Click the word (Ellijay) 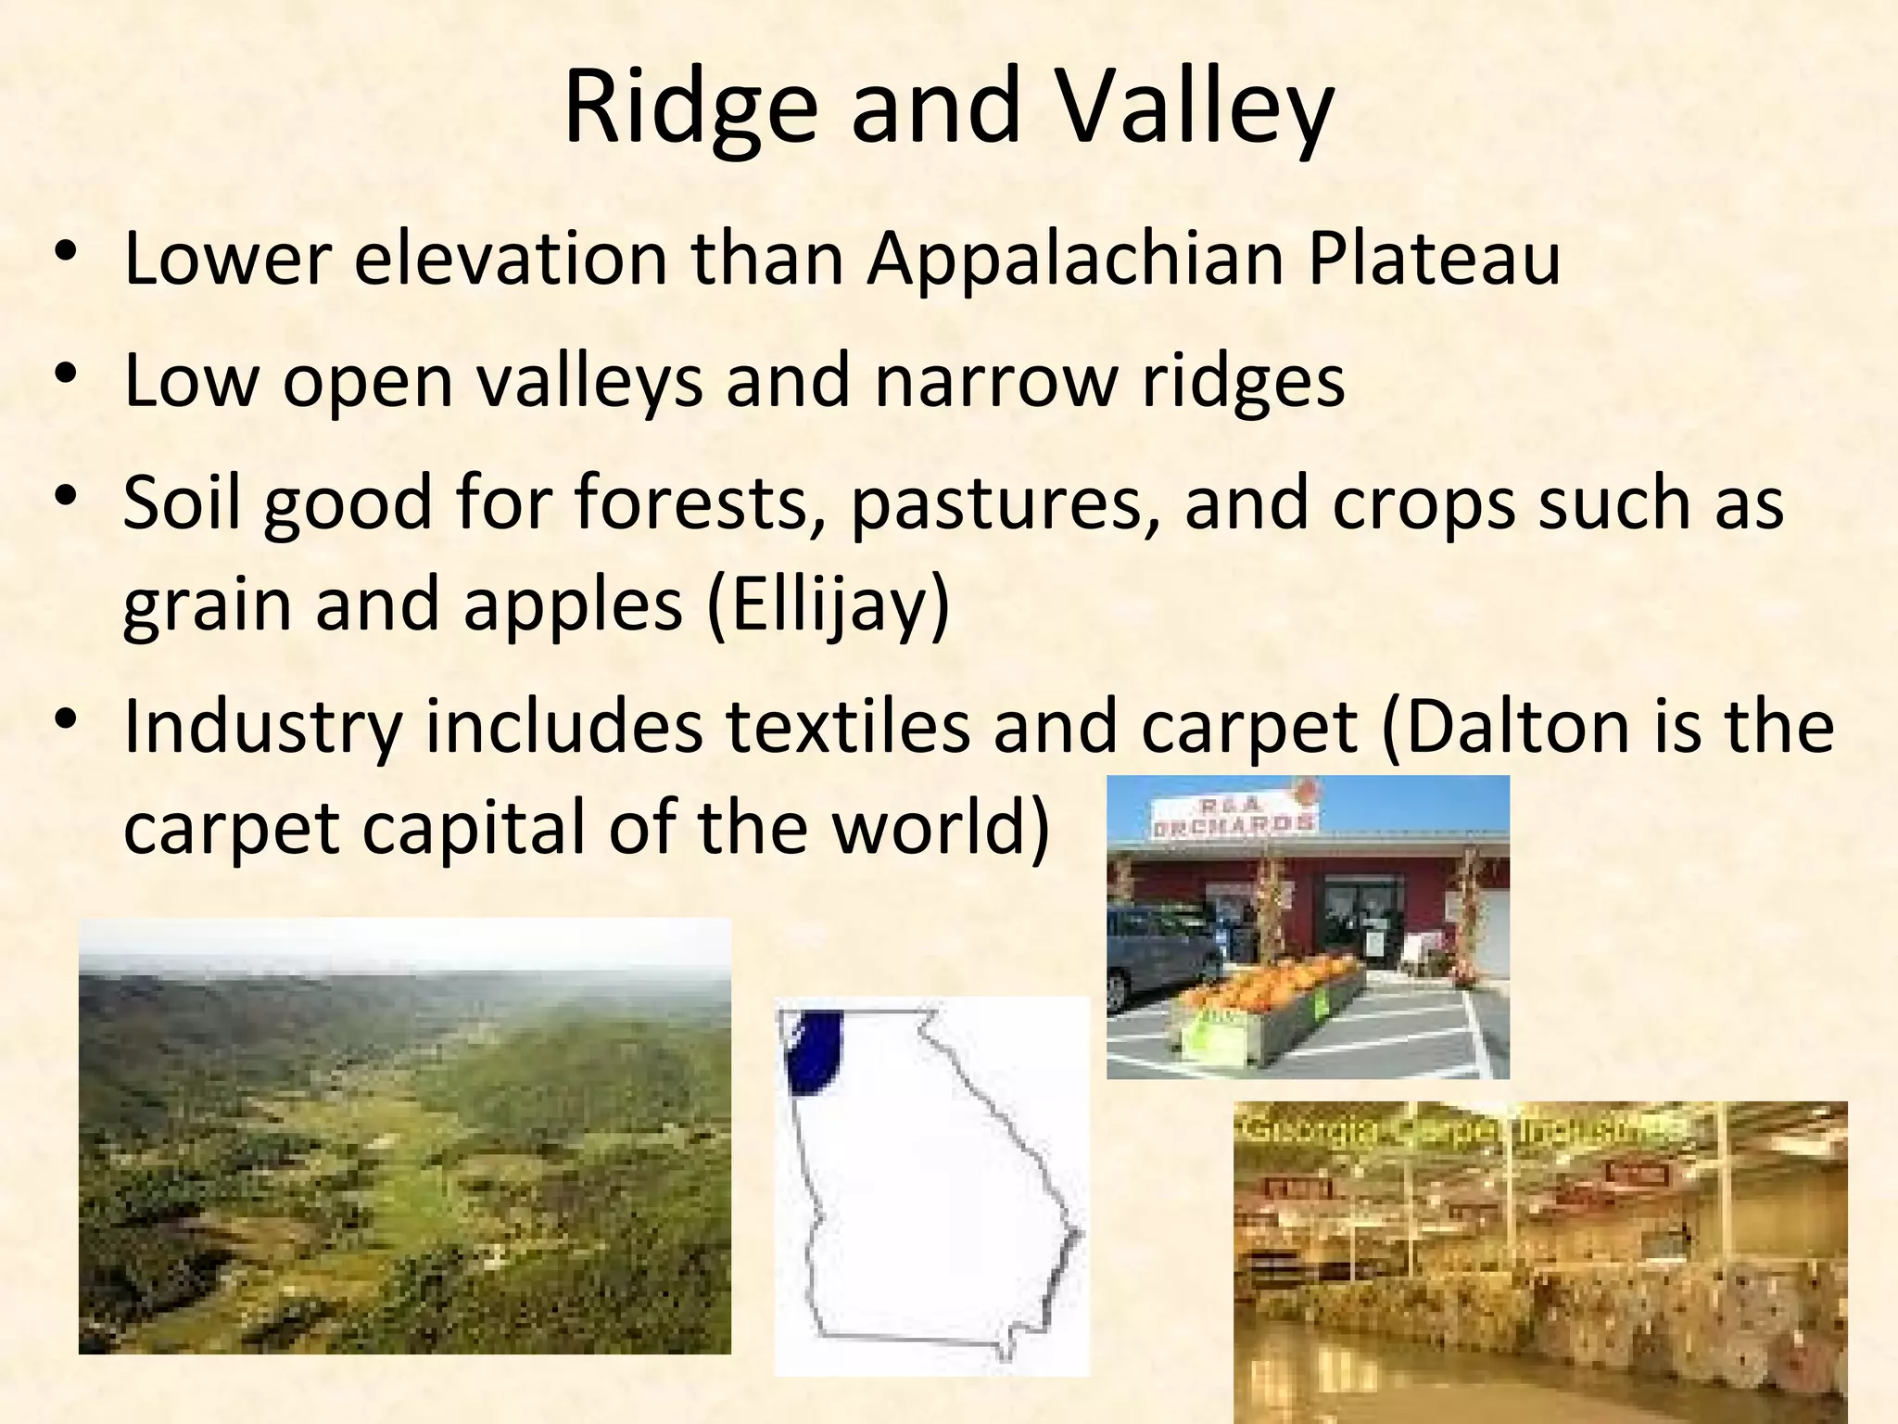[x=828, y=604]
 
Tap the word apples [x=573, y=604]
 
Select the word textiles [x=848, y=726]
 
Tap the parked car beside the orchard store [x=1163, y=955]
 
